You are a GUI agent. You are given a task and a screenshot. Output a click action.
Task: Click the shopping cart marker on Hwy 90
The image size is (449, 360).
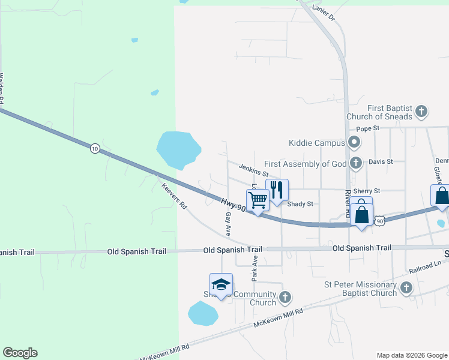coord(258,200)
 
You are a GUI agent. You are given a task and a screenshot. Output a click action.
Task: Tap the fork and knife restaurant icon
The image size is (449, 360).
coord(277,190)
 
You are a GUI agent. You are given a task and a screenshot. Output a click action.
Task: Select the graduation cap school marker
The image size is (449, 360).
coord(221,284)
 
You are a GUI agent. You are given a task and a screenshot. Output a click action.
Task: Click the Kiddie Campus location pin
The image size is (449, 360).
coord(354,143)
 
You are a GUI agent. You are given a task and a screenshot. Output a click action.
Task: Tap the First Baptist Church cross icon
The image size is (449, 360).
coord(421,111)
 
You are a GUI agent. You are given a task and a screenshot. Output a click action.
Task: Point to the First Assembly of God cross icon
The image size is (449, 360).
coord(356,163)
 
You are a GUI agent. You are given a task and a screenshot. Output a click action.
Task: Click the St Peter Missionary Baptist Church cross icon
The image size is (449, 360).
coord(406,289)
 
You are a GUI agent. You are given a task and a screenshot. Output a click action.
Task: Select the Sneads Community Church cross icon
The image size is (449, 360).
coord(285,297)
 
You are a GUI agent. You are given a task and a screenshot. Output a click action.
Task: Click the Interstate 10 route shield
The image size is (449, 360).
coord(95,148)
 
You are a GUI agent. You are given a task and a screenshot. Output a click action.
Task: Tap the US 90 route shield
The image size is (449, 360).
coord(380,221)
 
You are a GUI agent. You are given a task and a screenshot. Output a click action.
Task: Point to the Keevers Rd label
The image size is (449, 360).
coord(174,196)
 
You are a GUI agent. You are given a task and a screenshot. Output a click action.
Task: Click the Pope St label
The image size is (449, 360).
coord(368,128)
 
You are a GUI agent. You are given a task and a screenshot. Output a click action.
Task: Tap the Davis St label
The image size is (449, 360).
coord(381,161)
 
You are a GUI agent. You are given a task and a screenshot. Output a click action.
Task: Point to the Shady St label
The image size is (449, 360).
coord(300,204)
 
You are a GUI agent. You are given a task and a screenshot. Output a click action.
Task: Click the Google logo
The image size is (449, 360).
coord(20,353)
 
